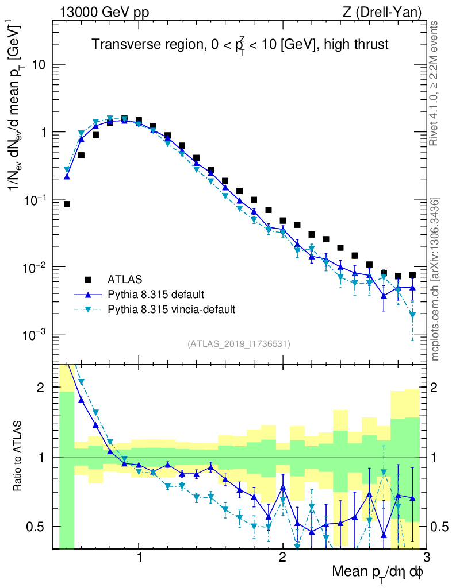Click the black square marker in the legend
point(89,280)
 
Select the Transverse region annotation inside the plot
point(240,44)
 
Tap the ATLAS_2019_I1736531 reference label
point(239,344)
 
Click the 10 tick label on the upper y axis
point(39,65)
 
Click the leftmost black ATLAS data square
point(67,204)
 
